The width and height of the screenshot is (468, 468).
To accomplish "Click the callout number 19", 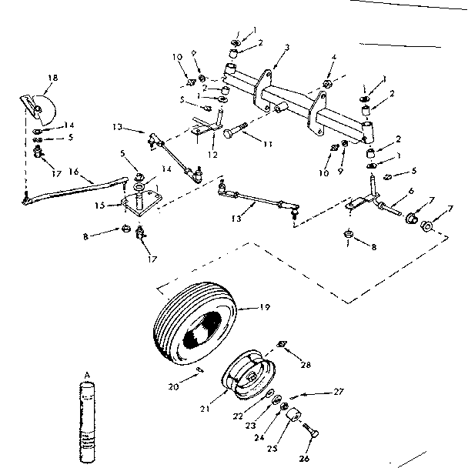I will [264, 308].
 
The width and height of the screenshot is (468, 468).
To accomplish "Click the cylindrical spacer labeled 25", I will [293, 418].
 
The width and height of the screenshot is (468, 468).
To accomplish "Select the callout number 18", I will [52, 78].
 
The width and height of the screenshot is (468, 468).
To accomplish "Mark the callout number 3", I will [286, 48].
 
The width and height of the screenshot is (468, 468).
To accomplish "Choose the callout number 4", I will [333, 58].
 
